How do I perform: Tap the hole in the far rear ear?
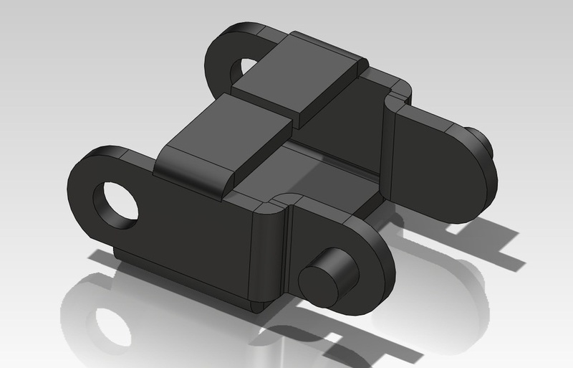click(246, 69)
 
